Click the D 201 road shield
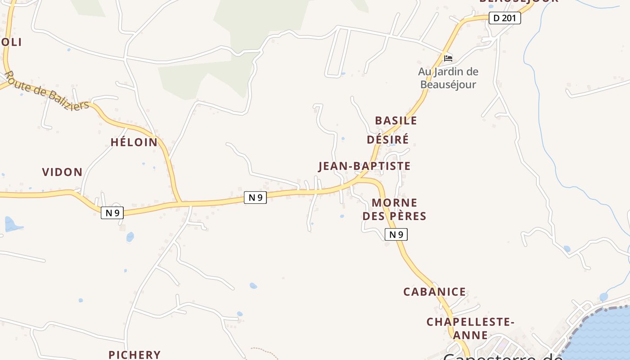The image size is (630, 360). tap(504, 18)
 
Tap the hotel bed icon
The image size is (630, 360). tap(448, 58)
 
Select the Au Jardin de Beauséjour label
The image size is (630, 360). tap(448, 78)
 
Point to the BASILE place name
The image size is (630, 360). tap(396, 121)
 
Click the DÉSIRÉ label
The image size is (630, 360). tap(387, 139)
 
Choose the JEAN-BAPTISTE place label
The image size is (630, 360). tap(364, 166)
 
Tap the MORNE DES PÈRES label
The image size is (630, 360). tap(395, 209)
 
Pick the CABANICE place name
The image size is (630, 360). tap(435, 292)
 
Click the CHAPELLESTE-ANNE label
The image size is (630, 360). tap(470, 328)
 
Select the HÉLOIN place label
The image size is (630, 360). tap(134, 142)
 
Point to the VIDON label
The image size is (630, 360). tap(62, 172)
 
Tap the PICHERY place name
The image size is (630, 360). tap(135, 355)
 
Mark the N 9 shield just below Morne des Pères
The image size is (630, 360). tap(396, 234)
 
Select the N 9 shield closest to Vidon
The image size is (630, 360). tap(112, 213)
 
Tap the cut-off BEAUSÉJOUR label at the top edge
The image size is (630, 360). tap(519, 1)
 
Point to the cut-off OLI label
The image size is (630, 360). tap(11, 42)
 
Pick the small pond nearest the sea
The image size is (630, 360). tap(603, 297)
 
